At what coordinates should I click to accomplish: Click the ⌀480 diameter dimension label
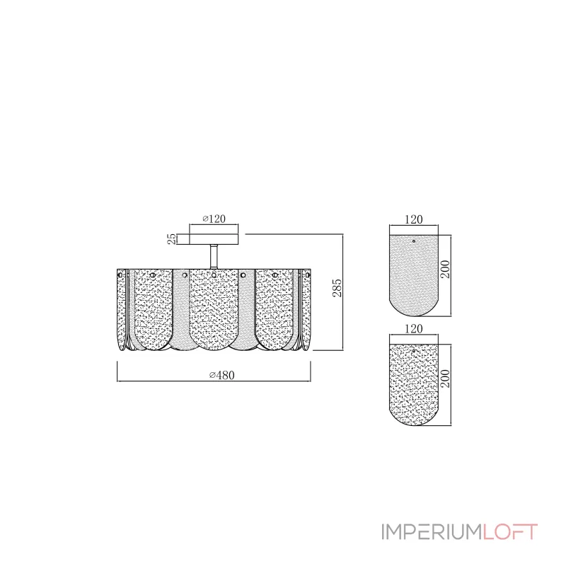tap(222, 375)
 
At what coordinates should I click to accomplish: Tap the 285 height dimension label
tap(337, 288)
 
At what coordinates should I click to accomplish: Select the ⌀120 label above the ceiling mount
tap(214, 219)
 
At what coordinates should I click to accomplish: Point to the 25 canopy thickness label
tap(172, 238)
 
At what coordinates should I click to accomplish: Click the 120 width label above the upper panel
tap(413, 219)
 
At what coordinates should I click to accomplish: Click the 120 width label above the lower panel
tap(413, 329)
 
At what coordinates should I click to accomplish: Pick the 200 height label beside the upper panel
tap(446, 270)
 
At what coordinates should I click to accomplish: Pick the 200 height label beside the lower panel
tap(446, 379)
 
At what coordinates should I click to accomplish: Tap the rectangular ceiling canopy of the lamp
tap(214, 239)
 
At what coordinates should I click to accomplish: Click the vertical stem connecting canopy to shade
tap(214, 257)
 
